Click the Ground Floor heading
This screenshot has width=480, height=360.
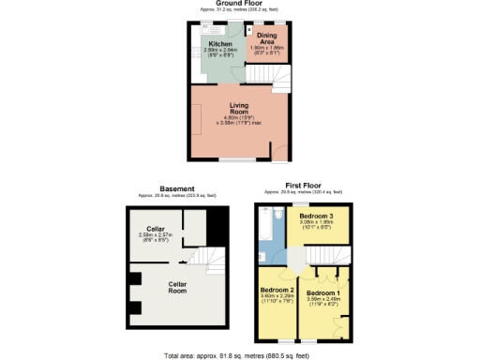click(238, 4)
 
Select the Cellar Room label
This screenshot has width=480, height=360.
click(178, 286)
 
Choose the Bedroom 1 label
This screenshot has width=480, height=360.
click(323, 293)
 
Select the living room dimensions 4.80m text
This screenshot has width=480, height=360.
click(237, 118)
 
